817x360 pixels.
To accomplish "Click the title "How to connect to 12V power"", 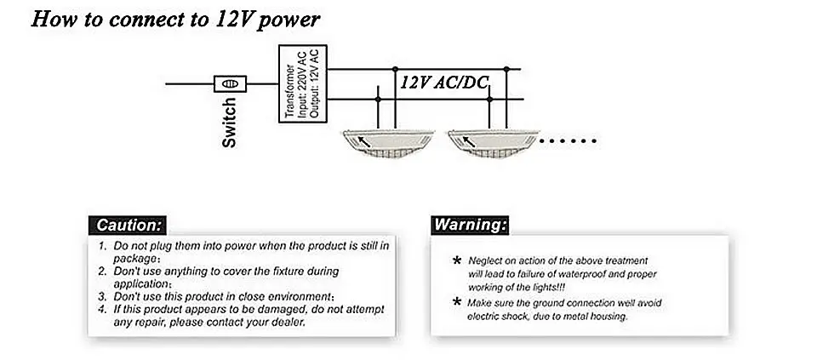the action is click(175, 20).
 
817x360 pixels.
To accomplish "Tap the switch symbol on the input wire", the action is click(230, 83).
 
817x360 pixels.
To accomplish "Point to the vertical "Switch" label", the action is click(229, 123).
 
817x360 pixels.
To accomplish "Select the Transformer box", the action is click(302, 83).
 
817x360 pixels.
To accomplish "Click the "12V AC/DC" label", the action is click(445, 83).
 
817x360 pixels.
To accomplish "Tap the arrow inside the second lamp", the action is click(470, 141).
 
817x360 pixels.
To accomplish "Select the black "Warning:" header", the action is click(471, 226).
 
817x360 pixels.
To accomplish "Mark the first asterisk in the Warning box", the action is click(458, 260).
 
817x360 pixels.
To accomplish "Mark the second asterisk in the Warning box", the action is click(458, 303).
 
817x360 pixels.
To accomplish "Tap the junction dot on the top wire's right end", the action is click(507, 69).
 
